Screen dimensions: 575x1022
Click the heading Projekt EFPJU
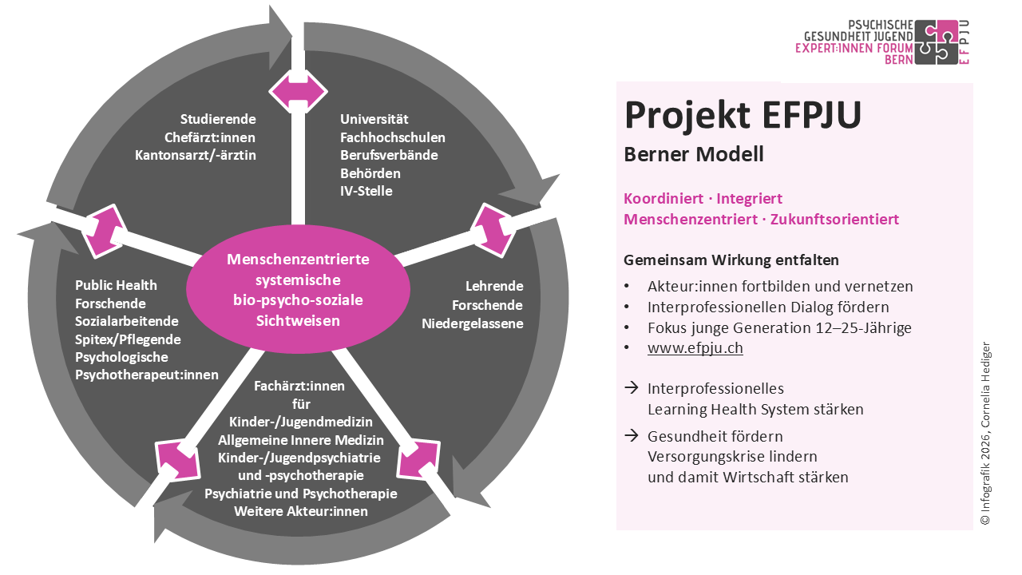[743, 115]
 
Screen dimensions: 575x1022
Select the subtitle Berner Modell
[693, 154]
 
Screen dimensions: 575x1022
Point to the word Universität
[374, 119]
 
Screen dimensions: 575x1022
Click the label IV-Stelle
[366, 191]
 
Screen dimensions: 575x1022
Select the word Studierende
[218, 119]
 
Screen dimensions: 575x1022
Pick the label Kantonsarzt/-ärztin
[196, 155]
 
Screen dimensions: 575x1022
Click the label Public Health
[116, 285]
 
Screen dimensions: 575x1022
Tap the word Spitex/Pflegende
[128, 339]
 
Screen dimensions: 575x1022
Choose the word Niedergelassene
[473, 323]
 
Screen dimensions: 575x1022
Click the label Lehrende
[494, 285]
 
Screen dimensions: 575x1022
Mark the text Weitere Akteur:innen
[301, 511]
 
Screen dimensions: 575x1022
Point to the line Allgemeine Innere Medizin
[301, 440]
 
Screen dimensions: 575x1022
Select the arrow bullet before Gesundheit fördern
[631, 436]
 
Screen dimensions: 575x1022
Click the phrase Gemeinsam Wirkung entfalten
[731, 260]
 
